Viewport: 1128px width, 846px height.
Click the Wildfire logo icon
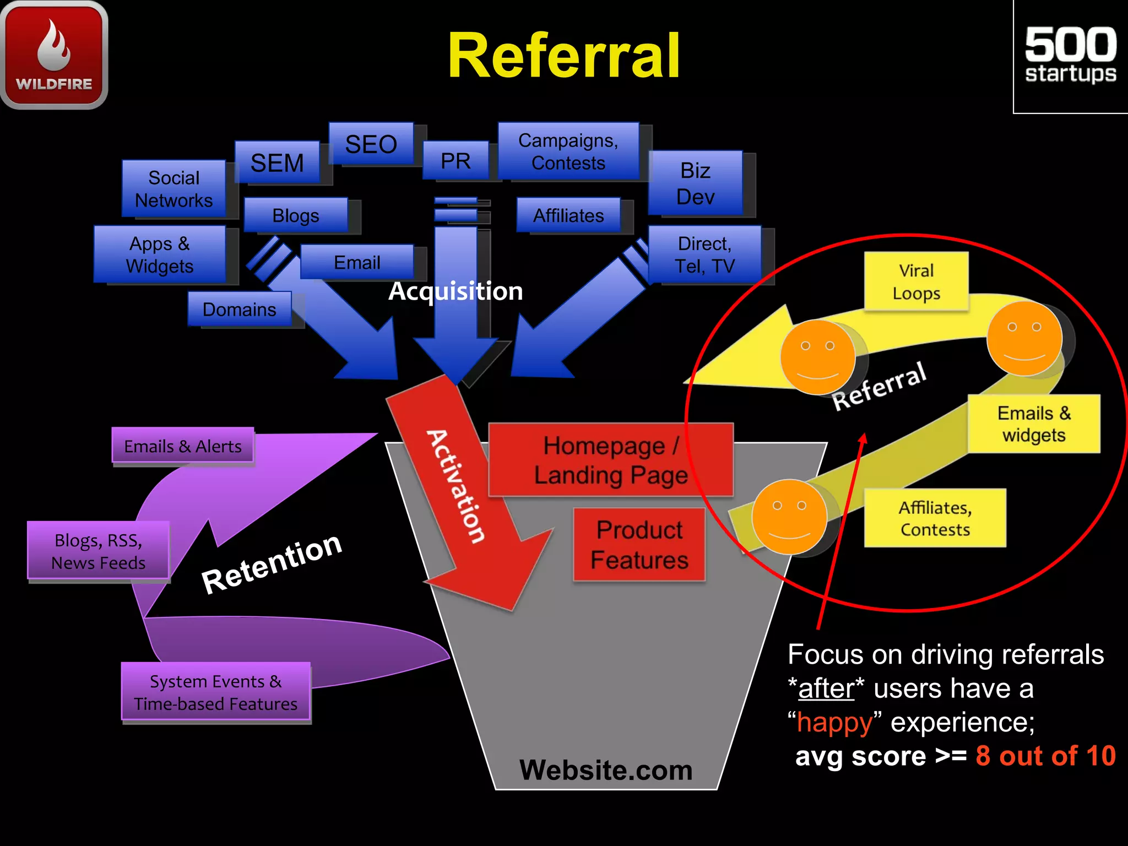pyautogui.click(x=54, y=54)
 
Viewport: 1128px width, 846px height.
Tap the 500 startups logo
pyautogui.click(x=1070, y=55)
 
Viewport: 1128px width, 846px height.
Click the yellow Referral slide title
pyautogui.click(x=563, y=56)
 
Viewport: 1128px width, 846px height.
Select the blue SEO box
pyautogui.click(x=371, y=144)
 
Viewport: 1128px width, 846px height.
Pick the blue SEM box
pyautogui.click(x=277, y=162)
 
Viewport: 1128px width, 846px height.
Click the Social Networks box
pyautogui.click(x=173, y=189)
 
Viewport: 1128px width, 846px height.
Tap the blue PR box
pyautogui.click(x=455, y=161)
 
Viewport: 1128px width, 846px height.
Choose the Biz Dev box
pyautogui.click(x=695, y=183)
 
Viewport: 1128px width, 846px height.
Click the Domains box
pyautogui.click(x=239, y=309)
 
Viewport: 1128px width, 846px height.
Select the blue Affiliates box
pyautogui.click(x=568, y=215)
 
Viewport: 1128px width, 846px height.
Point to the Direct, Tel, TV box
pyautogui.click(x=704, y=254)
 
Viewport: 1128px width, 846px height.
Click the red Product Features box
pyautogui.click(x=639, y=545)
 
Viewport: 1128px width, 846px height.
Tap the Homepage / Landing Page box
pyautogui.click(x=610, y=460)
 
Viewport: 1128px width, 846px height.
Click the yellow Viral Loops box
pyautogui.click(x=916, y=281)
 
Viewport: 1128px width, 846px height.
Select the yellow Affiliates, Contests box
pyautogui.click(x=935, y=518)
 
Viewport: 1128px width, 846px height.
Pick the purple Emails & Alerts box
pyautogui.click(x=183, y=446)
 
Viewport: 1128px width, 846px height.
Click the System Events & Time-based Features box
pyautogui.click(x=215, y=692)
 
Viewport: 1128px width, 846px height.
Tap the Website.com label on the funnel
pyautogui.click(x=606, y=769)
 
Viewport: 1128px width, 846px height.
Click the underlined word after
pyautogui.click(x=826, y=688)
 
